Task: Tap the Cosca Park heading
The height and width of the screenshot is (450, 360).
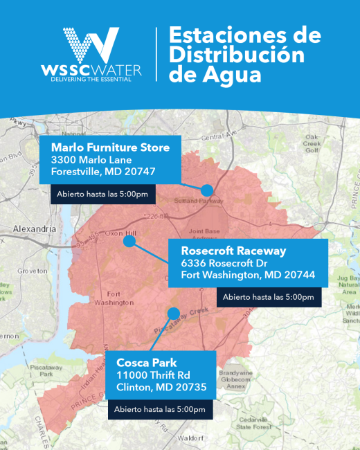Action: click(147, 363)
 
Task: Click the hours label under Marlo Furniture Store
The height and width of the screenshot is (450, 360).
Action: click(102, 194)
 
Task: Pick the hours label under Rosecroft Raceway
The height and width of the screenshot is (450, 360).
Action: click(268, 297)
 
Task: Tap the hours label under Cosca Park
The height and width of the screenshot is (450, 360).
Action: click(160, 409)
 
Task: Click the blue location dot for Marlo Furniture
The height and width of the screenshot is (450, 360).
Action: click(206, 190)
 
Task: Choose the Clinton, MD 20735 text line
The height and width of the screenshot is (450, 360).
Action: click(161, 387)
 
